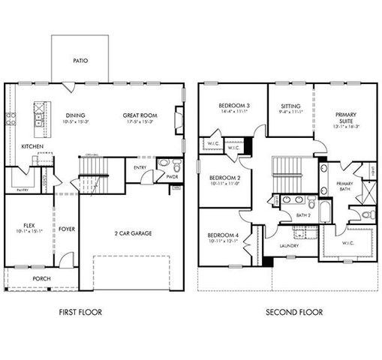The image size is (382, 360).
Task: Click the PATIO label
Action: [80, 61]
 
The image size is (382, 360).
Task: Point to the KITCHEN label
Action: [32, 145]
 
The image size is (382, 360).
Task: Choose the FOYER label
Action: [67, 229]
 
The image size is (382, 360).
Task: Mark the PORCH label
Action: [41, 279]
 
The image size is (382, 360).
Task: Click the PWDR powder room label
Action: [172, 178]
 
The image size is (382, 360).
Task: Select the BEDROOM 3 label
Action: [233, 106]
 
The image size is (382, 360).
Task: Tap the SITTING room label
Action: [290, 106]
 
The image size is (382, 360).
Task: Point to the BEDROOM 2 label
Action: [223, 177]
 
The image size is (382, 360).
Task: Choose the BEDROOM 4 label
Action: [223, 236]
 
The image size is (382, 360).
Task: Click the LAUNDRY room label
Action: [289, 245]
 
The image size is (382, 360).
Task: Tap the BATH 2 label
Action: [302, 216]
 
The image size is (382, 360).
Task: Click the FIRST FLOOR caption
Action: [81, 312]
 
